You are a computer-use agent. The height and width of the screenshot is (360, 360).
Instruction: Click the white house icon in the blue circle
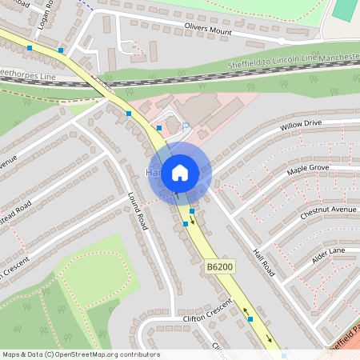tap(180, 172)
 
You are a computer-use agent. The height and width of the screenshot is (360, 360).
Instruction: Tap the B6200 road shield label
tap(220, 265)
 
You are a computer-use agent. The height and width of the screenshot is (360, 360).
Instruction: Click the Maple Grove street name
tap(308, 170)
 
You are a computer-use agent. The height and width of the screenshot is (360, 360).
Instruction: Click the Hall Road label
tap(263, 262)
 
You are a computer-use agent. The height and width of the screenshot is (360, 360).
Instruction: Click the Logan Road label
tap(45, 15)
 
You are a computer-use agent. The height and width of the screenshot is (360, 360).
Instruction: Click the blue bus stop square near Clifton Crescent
tap(250, 319)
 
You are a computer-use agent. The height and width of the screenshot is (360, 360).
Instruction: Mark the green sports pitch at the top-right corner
tap(346, 10)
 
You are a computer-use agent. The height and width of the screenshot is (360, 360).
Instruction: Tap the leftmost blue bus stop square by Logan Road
tap(30, 49)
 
